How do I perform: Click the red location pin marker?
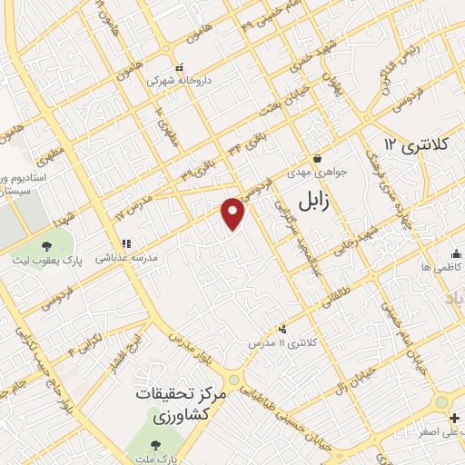click(233, 212)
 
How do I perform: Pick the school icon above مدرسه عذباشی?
click(126, 243)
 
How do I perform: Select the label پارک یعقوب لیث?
click(47, 259)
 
